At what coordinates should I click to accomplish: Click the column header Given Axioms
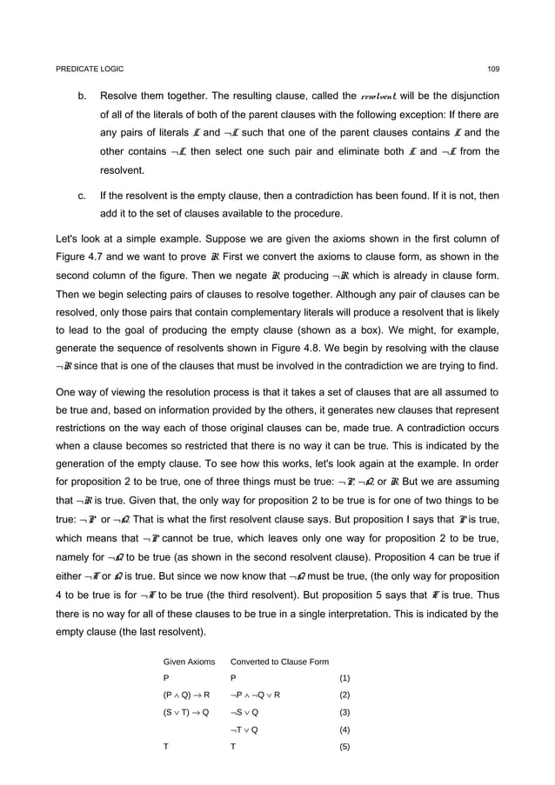189,662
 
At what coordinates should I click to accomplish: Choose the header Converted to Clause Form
279,662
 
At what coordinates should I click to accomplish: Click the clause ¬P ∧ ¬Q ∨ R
254,695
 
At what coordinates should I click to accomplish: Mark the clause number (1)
344,678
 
